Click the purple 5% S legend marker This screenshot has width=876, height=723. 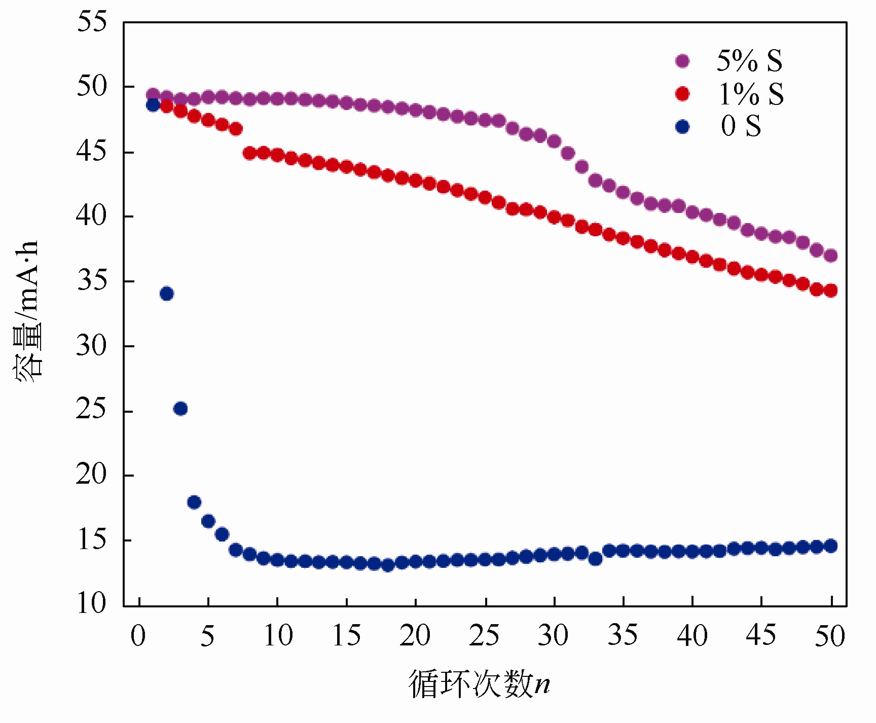tap(682, 61)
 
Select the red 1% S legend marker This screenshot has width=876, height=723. tap(682, 94)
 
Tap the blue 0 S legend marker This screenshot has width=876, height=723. tap(682, 127)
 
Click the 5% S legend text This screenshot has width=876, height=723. tap(749, 61)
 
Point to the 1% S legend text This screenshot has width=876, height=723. tap(751, 94)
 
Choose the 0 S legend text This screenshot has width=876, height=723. tap(741, 126)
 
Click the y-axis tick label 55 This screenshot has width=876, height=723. tap(92, 22)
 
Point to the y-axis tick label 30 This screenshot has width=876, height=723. tap(92, 346)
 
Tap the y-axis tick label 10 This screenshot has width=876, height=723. tap(92, 604)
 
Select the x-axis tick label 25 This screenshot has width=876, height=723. tap(485, 636)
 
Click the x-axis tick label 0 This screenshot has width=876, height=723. tap(138, 636)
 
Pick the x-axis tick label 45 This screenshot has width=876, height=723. tap(761, 636)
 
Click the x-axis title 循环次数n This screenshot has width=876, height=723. tap(479, 684)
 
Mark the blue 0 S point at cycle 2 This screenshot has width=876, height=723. tap(167, 294)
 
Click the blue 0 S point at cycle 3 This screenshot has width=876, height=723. tap(180, 409)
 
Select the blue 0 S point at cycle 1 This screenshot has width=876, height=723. tap(153, 105)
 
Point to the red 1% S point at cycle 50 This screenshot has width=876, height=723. tap(830, 291)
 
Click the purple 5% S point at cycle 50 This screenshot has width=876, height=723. tap(830, 256)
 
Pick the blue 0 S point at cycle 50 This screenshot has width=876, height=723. tap(830, 546)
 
